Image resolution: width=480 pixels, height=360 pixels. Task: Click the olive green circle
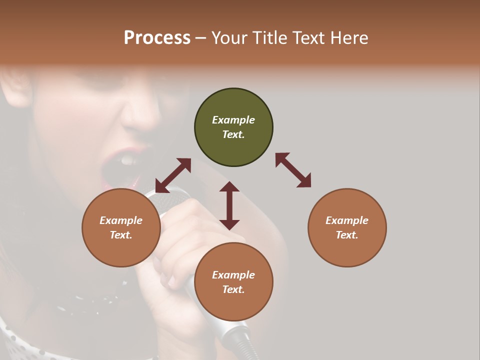click(x=233, y=127)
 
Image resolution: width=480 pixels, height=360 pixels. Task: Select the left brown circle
click(x=121, y=227)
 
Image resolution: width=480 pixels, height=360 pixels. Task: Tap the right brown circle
click(x=347, y=227)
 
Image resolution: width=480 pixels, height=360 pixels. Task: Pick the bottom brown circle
click(x=233, y=282)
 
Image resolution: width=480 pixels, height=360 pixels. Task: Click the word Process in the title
click(x=157, y=37)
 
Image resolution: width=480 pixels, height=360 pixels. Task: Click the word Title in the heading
click(x=268, y=37)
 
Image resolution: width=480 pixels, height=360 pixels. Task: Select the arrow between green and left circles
click(x=173, y=175)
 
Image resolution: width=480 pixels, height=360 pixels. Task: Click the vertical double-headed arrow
click(x=229, y=205)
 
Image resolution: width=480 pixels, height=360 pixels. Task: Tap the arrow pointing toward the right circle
click(x=293, y=170)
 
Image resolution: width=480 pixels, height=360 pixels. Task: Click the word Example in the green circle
click(x=233, y=120)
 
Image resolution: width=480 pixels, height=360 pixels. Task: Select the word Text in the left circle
click(x=121, y=235)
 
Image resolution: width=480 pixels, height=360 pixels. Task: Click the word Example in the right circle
click(x=347, y=220)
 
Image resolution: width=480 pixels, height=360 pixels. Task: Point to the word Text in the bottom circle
click(x=233, y=289)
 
